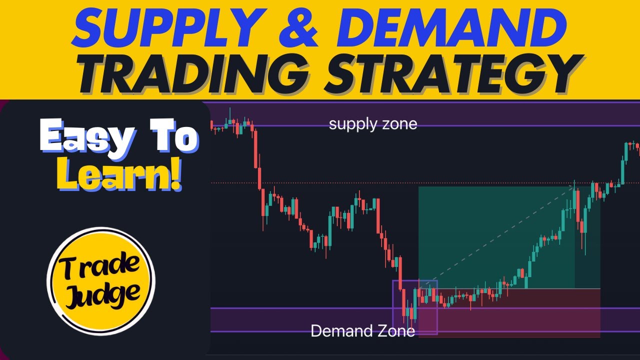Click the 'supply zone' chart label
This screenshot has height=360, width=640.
(x=372, y=123)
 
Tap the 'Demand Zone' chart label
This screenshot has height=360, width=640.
(x=362, y=331)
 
